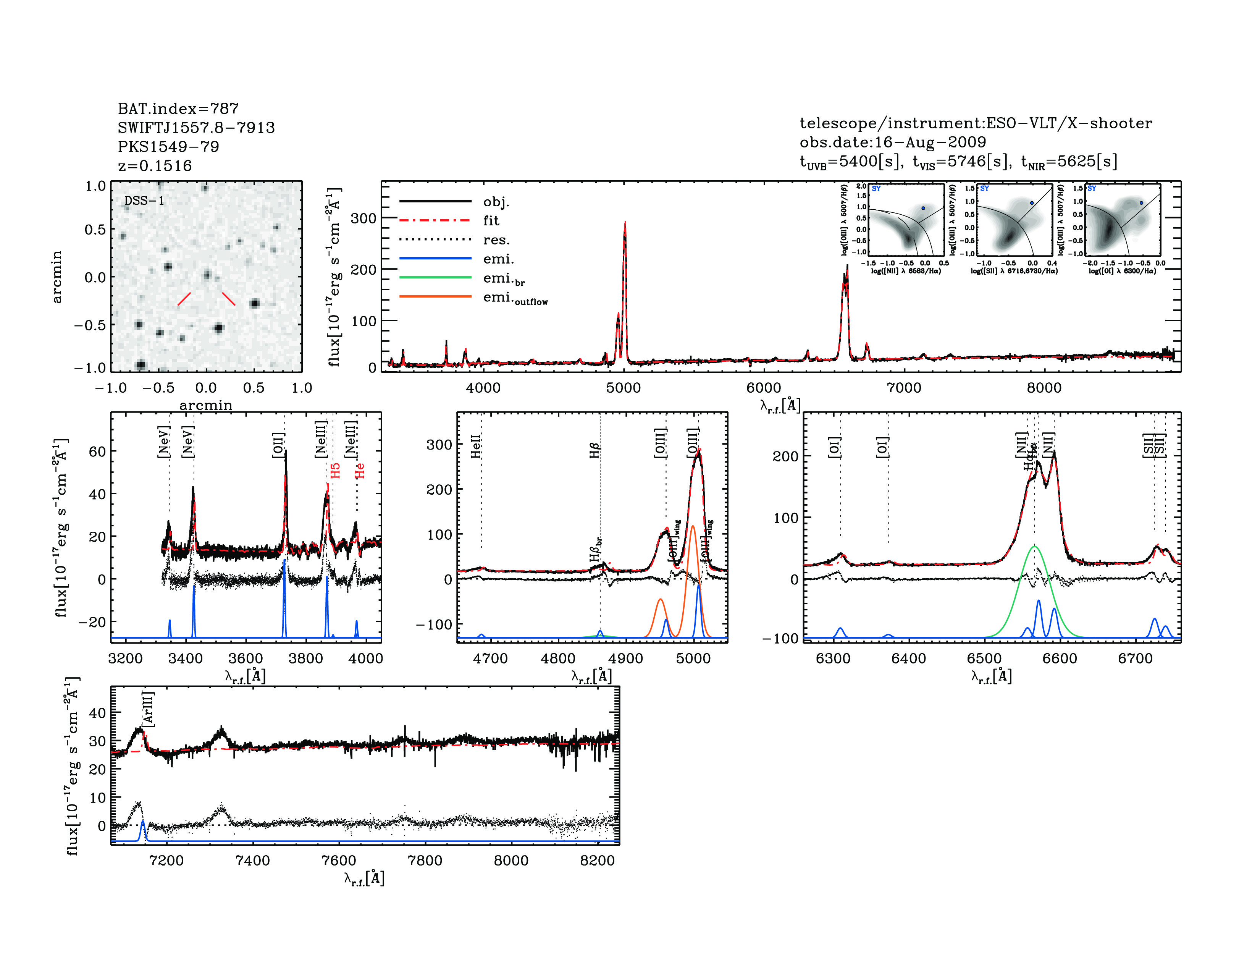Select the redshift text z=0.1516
click(x=155, y=166)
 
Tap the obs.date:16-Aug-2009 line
click(x=893, y=142)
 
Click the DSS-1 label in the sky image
click(x=144, y=201)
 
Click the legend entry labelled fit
click(x=491, y=220)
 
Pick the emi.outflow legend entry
click(x=515, y=298)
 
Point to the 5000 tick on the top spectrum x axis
click(x=623, y=388)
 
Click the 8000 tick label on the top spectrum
click(x=1044, y=388)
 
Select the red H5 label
click(x=335, y=470)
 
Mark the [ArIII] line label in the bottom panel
click(x=148, y=709)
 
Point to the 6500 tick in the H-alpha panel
click(x=984, y=659)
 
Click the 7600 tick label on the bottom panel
click(x=339, y=860)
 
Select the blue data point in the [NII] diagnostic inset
click(x=923, y=208)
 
